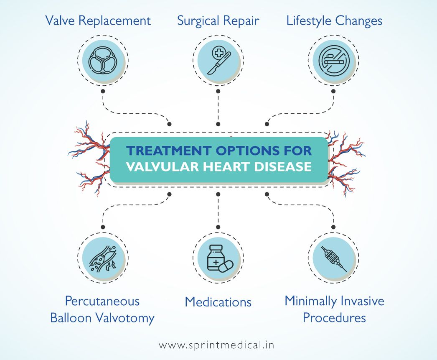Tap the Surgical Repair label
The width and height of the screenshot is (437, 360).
tap(218, 20)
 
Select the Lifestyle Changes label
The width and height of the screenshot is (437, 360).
tap(334, 20)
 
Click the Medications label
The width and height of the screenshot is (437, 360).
tap(218, 301)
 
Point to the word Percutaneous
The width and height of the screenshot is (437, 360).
tap(102, 301)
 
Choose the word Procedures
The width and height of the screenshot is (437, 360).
tap(334, 318)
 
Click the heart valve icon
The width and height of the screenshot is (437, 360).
tap(102, 60)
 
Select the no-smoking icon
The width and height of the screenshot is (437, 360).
tap(333, 60)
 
